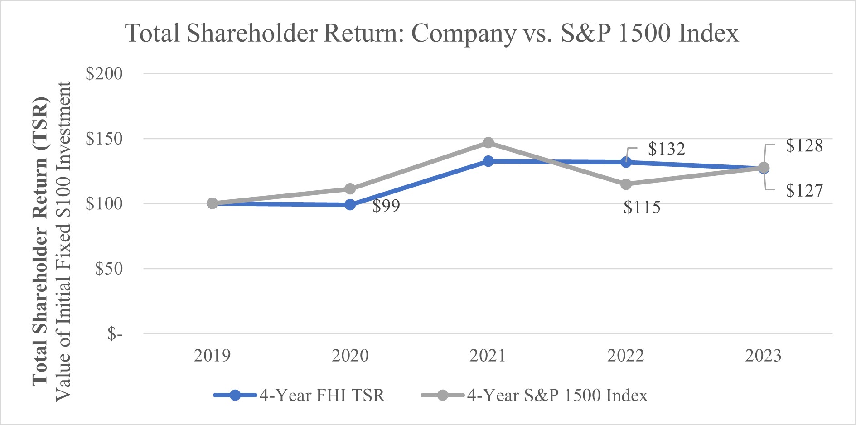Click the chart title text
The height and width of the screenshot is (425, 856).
(432, 34)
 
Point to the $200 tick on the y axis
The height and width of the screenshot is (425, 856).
(104, 73)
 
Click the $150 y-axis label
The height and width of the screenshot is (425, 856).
(104, 139)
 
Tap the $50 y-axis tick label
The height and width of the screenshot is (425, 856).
(108, 269)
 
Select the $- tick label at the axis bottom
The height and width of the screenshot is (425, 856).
(115, 334)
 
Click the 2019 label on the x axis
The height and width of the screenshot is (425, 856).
(212, 356)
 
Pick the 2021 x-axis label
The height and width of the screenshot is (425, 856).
(488, 356)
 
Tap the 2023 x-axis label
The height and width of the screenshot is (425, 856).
(763, 356)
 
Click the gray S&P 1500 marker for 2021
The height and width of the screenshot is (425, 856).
(488, 143)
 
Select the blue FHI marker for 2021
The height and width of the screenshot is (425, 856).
(488, 161)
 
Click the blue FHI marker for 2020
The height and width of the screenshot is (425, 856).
(350, 205)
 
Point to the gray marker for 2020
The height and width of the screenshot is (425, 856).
(350, 188)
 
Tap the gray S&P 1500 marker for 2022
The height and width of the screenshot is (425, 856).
(626, 184)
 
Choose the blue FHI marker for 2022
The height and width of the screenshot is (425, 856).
(626, 162)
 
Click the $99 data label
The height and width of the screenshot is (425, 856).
(386, 206)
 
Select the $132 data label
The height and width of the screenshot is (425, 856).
(666, 149)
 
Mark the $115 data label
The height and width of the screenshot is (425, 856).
(642, 208)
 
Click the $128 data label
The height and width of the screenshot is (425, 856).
(804, 146)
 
